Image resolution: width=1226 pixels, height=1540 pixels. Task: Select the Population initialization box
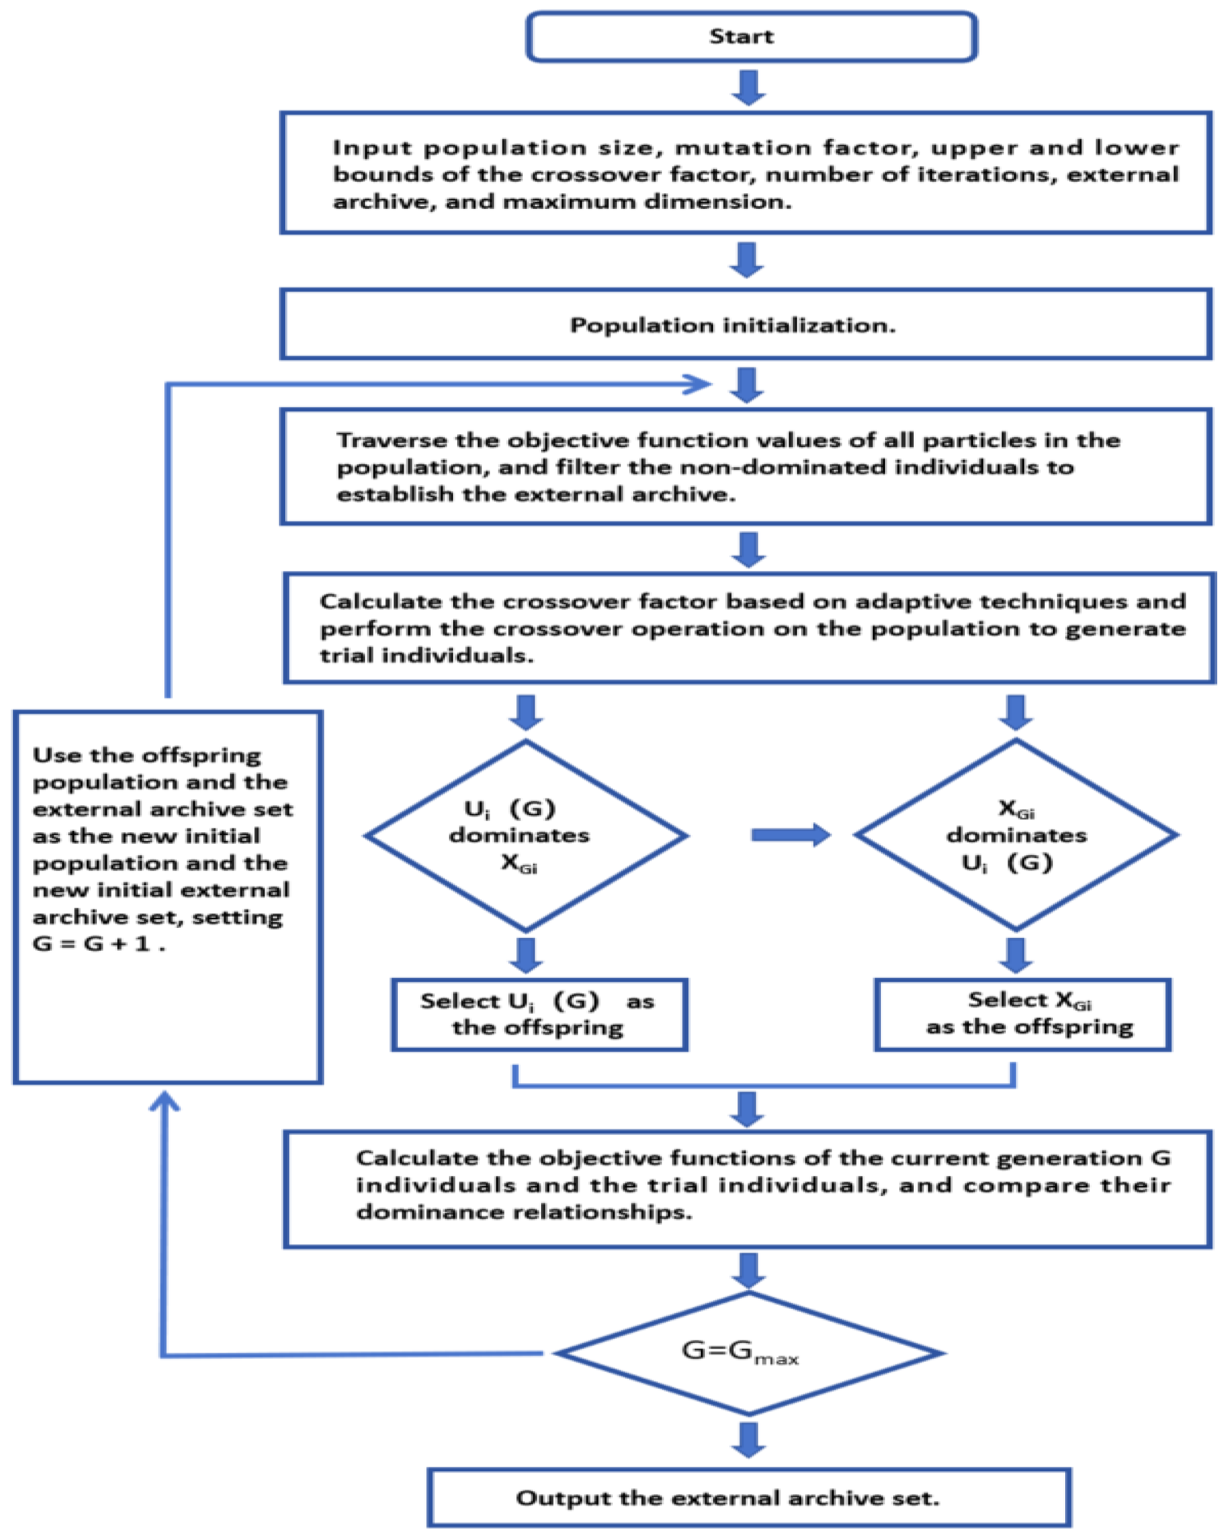(x=745, y=325)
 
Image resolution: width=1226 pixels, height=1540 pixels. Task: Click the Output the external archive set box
(x=749, y=1497)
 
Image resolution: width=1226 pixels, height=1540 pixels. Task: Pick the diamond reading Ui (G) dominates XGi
(x=526, y=835)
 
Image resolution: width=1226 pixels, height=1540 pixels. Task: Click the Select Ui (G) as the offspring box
(x=539, y=1014)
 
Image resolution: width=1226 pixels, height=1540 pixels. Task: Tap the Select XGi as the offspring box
(x=1022, y=1014)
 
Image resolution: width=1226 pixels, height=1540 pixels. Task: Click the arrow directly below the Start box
(x=749, y=87)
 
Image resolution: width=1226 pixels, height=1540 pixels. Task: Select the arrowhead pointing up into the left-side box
(x=164, y=1103)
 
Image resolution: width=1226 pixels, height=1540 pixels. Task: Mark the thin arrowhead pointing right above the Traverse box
(x=697, y=384)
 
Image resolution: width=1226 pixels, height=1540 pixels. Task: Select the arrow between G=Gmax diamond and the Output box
(x=749, y=1439)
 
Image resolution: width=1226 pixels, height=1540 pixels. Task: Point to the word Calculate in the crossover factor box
(x=381, y=602)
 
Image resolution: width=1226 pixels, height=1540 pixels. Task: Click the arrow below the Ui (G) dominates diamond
(x=526, y=955)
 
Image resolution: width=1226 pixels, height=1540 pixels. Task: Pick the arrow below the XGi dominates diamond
(x=1015, y=955)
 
